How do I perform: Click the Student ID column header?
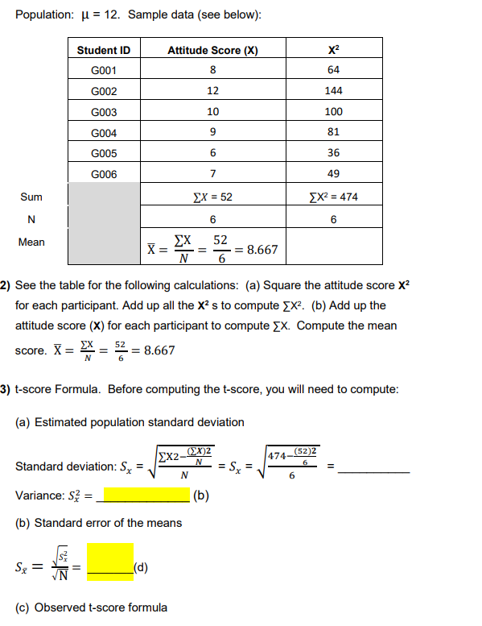point(104,50)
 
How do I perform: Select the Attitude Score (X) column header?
point(212,50)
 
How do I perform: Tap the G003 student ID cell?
point(104,112)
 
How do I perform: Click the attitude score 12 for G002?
point(212,91)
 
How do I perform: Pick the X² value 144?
point(333,91)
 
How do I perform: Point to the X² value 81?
point(333,132)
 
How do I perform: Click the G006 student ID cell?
point(104,173)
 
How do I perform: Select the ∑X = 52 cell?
point(212,196)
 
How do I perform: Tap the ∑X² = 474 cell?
point(333,196)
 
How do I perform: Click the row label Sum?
point(32,197)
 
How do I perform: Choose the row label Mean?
point(31,242)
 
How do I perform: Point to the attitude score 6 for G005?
point(212,152)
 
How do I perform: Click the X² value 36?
point(333,152)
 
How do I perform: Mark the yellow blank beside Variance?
point(142,495)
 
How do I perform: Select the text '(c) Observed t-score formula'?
point(92,607)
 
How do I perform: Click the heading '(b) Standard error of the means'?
point(98,523)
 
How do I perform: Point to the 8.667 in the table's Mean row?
point(262,250)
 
